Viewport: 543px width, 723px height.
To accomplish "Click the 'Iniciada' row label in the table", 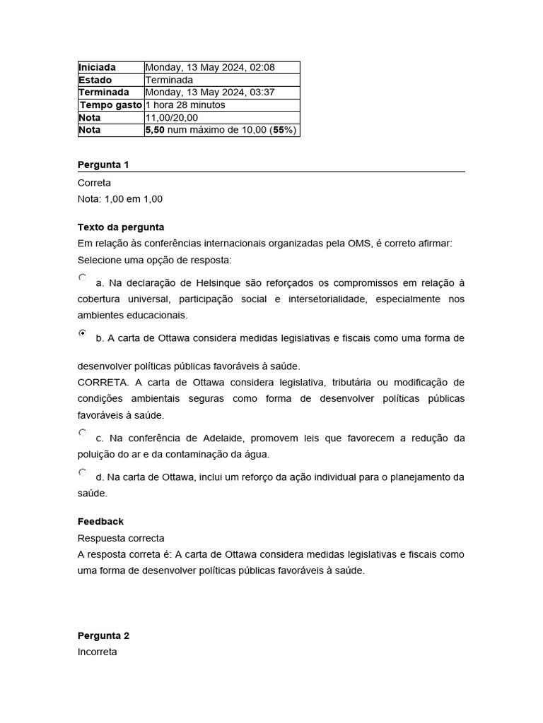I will [x=97, y=67].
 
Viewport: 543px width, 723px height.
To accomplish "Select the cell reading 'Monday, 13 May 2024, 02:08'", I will [x=210, y=67].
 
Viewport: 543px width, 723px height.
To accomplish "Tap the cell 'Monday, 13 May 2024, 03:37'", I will [x=210, y=92].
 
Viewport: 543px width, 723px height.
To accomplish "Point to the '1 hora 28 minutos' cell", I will [x=185, y=105].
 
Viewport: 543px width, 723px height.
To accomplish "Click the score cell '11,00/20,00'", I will [x=172, y=118].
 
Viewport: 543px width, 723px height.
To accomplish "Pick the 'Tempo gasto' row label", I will [x=110, y=105].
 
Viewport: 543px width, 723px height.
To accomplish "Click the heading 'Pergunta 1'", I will [x=103, y=165].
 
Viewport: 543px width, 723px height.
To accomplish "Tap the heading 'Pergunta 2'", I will [x=103, y=635].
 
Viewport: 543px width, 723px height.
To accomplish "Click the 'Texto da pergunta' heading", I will [x=121, y=227].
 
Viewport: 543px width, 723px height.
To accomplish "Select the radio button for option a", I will [x=83, y=278].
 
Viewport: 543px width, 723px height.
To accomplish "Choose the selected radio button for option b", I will [x=83, y=333].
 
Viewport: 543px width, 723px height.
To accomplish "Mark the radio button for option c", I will [x=83, y=433].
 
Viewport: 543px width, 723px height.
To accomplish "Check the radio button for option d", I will [x=83, y=472].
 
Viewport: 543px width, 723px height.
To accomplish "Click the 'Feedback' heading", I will [x=100, y=522].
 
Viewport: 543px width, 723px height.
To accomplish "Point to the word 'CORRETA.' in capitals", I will [x=101, y=383].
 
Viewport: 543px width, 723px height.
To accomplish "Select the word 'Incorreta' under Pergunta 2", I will [x=98, y=652].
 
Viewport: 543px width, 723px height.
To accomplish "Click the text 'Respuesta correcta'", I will [x=121, y=538].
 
